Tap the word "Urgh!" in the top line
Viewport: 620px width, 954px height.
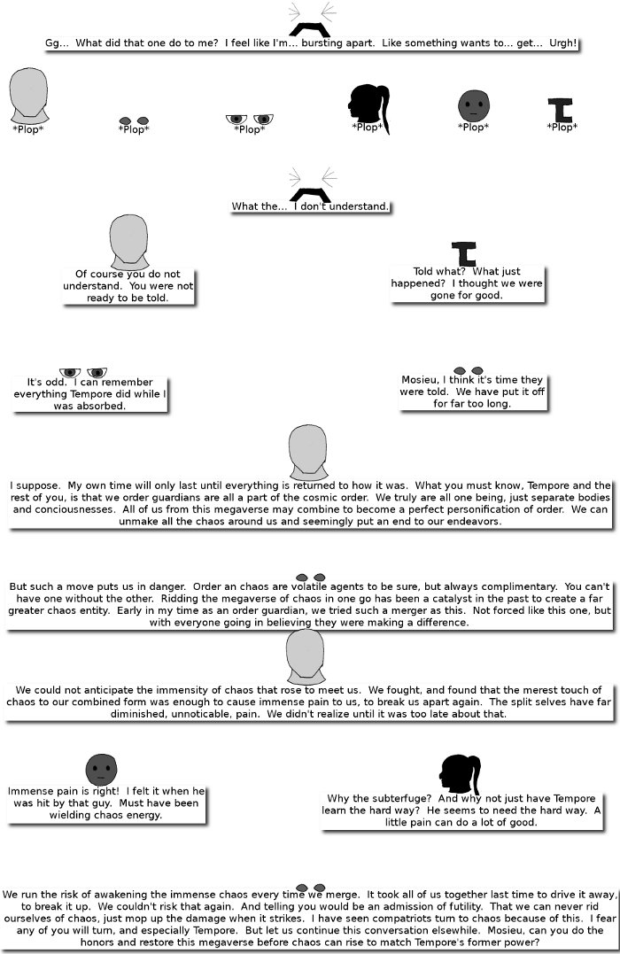coord(559,43)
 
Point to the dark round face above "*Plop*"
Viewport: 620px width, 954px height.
coord(473,105)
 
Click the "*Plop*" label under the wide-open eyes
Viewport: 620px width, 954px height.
coord(249,129)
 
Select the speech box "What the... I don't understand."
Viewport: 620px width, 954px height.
coord(310,206)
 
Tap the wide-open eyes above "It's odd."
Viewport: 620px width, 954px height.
coord(82,372)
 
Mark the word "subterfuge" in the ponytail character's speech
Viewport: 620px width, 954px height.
coord(387,798)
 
